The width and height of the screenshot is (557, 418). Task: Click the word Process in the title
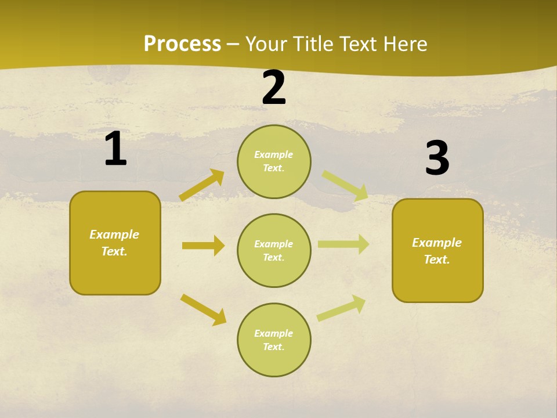pyautogui.click(x=182, y=44)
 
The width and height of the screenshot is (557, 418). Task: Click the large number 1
pyautogui.click(x=115, y=149)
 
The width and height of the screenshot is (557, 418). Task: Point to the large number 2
pyautogui.click(x=274, y=88)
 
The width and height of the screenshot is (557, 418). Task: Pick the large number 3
pyautogui.click(x=437, y=158)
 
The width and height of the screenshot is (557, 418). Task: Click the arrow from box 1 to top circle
pyautogui.click(x=202, y=185)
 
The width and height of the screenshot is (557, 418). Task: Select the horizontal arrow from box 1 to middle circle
pyautogui.click(x=203, y=246)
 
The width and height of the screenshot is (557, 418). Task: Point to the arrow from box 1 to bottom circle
pyautogui.click(x=204, y=309)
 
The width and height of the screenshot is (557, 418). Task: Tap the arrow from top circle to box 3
pyautogui.click(x=345, y=186)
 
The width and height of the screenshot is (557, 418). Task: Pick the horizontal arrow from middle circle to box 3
pyautogui.click(x=343, y=244)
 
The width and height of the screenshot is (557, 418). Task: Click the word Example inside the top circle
pyautogui.click(x=274, y=154)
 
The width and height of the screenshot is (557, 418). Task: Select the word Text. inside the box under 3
pyautogui.click(x=437, y=260)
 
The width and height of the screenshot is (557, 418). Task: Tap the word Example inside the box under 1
pyautogui.click(x=114, y=235)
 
